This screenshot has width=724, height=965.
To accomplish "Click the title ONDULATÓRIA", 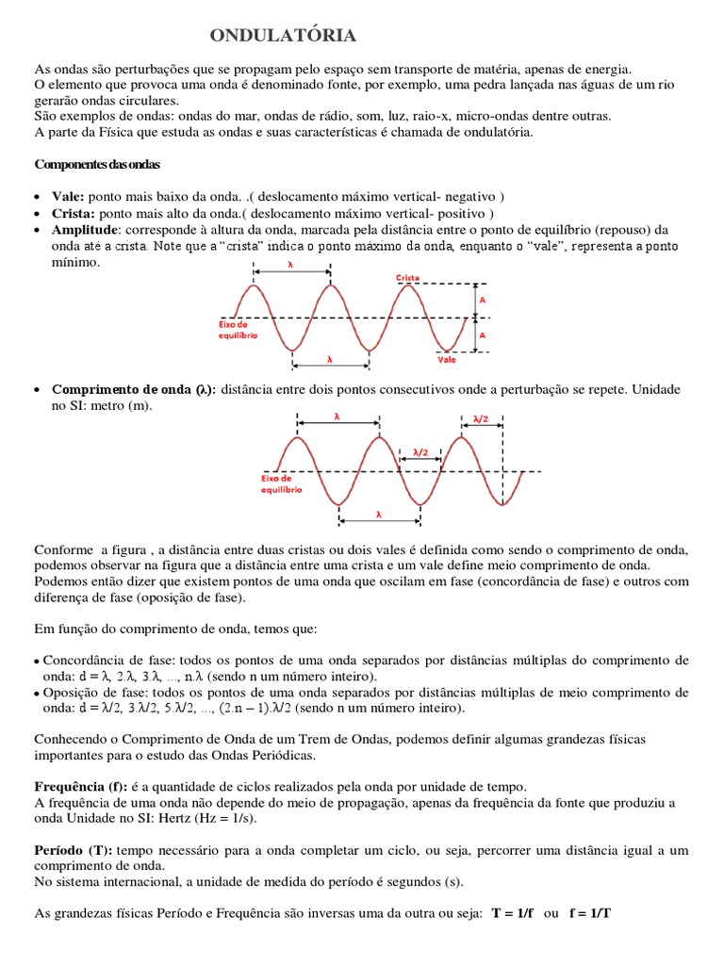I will (283, 36).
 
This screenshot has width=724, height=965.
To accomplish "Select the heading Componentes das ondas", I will (97, 164).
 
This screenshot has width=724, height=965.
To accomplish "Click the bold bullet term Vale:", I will (69, 196).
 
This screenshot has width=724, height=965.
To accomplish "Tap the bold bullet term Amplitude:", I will (86, 229).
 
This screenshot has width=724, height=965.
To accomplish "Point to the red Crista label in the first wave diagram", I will (407, 278).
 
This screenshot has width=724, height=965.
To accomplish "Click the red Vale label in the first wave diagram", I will (446, 359).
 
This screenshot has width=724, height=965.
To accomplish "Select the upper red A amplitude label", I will (483, 299).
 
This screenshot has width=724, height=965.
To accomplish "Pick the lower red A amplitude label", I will (483, 335).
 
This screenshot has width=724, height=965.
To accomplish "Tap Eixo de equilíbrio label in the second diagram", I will (281, 483).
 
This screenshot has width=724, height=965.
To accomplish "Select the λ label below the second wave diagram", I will (379, 515).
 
